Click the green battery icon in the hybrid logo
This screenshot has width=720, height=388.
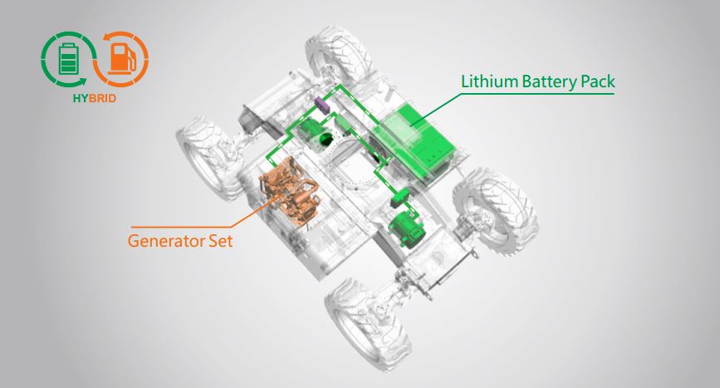[68, 58]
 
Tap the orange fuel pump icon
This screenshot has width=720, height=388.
[122, 58]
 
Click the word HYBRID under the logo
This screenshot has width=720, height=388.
[94, 98]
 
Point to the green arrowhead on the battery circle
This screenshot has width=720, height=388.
[82, 81]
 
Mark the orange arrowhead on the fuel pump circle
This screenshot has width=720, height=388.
[107, 37]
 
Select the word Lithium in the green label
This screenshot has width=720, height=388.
[489, 81]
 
